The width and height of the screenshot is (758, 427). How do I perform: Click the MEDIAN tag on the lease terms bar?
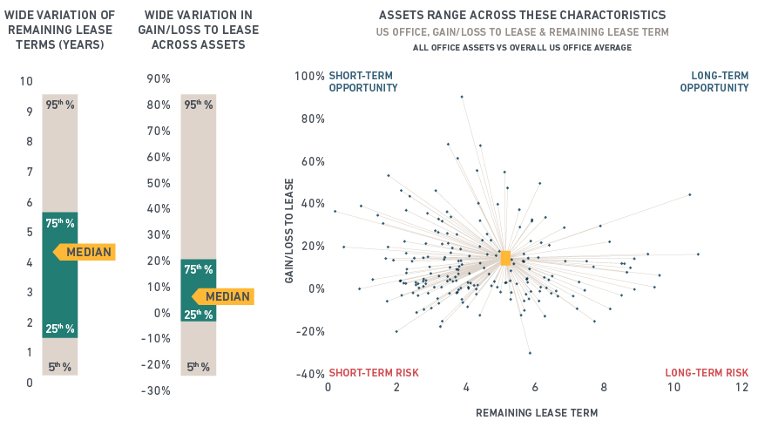[x=85, y=253]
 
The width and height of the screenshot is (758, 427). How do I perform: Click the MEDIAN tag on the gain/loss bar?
[x=224, y=296]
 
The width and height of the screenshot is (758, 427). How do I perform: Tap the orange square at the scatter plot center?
[x=505, y=257]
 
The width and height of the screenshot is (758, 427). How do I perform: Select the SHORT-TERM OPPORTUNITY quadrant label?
[x=363, y=82]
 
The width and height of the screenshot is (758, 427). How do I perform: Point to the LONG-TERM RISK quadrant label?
[x=707, y=373]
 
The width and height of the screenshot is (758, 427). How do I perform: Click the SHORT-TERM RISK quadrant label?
[x=364, y=373]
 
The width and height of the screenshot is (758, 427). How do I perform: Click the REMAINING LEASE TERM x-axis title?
[x=537, y=412]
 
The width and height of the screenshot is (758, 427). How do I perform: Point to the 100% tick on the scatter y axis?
[x=309, y=76]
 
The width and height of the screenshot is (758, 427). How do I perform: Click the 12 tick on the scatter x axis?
[x=741, y=388]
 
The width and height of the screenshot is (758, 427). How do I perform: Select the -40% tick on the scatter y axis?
[x=309, y=375]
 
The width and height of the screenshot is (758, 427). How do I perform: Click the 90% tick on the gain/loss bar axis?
[x=159, y=78]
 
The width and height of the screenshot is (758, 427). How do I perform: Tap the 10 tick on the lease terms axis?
[x=26, y=81]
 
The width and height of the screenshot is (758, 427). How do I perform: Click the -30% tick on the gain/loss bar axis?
[x=157, y=390]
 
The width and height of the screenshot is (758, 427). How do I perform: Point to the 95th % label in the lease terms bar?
[x=60, y=105]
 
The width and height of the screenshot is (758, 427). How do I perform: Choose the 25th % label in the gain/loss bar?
[x=199, y=314]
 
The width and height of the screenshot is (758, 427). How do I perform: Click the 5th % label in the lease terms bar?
[x=60, y=367]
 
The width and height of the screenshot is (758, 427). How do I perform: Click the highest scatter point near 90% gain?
[x=462, y=97]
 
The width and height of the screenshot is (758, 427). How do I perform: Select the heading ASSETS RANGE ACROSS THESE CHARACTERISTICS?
[x=523, y=16]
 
